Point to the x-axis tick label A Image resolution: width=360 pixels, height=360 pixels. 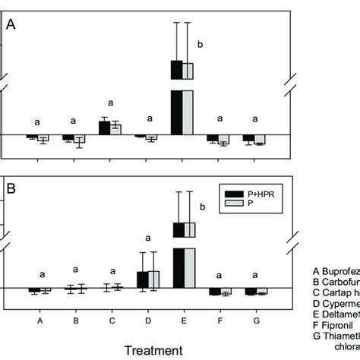pyautogui.click(x=39, y=321)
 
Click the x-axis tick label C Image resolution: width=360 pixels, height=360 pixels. pyautogui.click(x=111, y=321)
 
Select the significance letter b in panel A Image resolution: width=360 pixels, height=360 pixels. pyautogui.click(x=201, y=45)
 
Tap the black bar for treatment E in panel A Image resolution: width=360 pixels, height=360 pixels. pyautogui.click(x=177, y=106)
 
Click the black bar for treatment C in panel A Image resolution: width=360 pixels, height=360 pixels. pyautogui.click(x=104, y=128)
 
